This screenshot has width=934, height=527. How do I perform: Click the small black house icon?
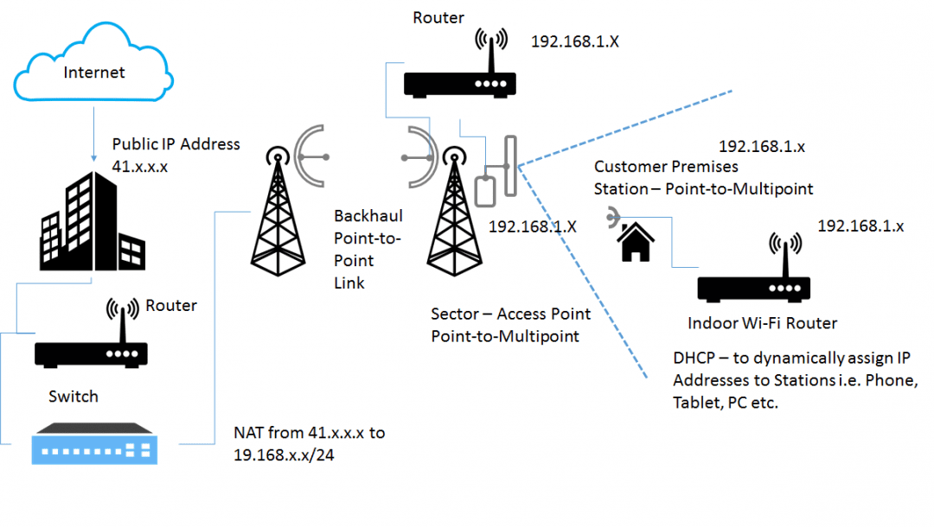pyautogui.click(x=635, y=242)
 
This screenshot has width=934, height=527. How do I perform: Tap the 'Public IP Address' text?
pyautogui.click(x=176, y=144)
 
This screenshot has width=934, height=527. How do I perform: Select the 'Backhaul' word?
pyautogui.click(x=368, y=215)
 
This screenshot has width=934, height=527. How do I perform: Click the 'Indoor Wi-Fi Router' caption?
pyautogui.click(x=762, y=323)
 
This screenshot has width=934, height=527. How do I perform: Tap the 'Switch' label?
pyautogui.click(x=74, y=397)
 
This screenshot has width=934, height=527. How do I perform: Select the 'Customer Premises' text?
pyautogui.click(x=666, y=166)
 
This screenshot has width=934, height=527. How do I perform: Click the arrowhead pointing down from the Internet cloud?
pyautogui.click(x=93, y=157)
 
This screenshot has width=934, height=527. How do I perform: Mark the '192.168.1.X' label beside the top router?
pyautogui.click(x=574, y=40)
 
